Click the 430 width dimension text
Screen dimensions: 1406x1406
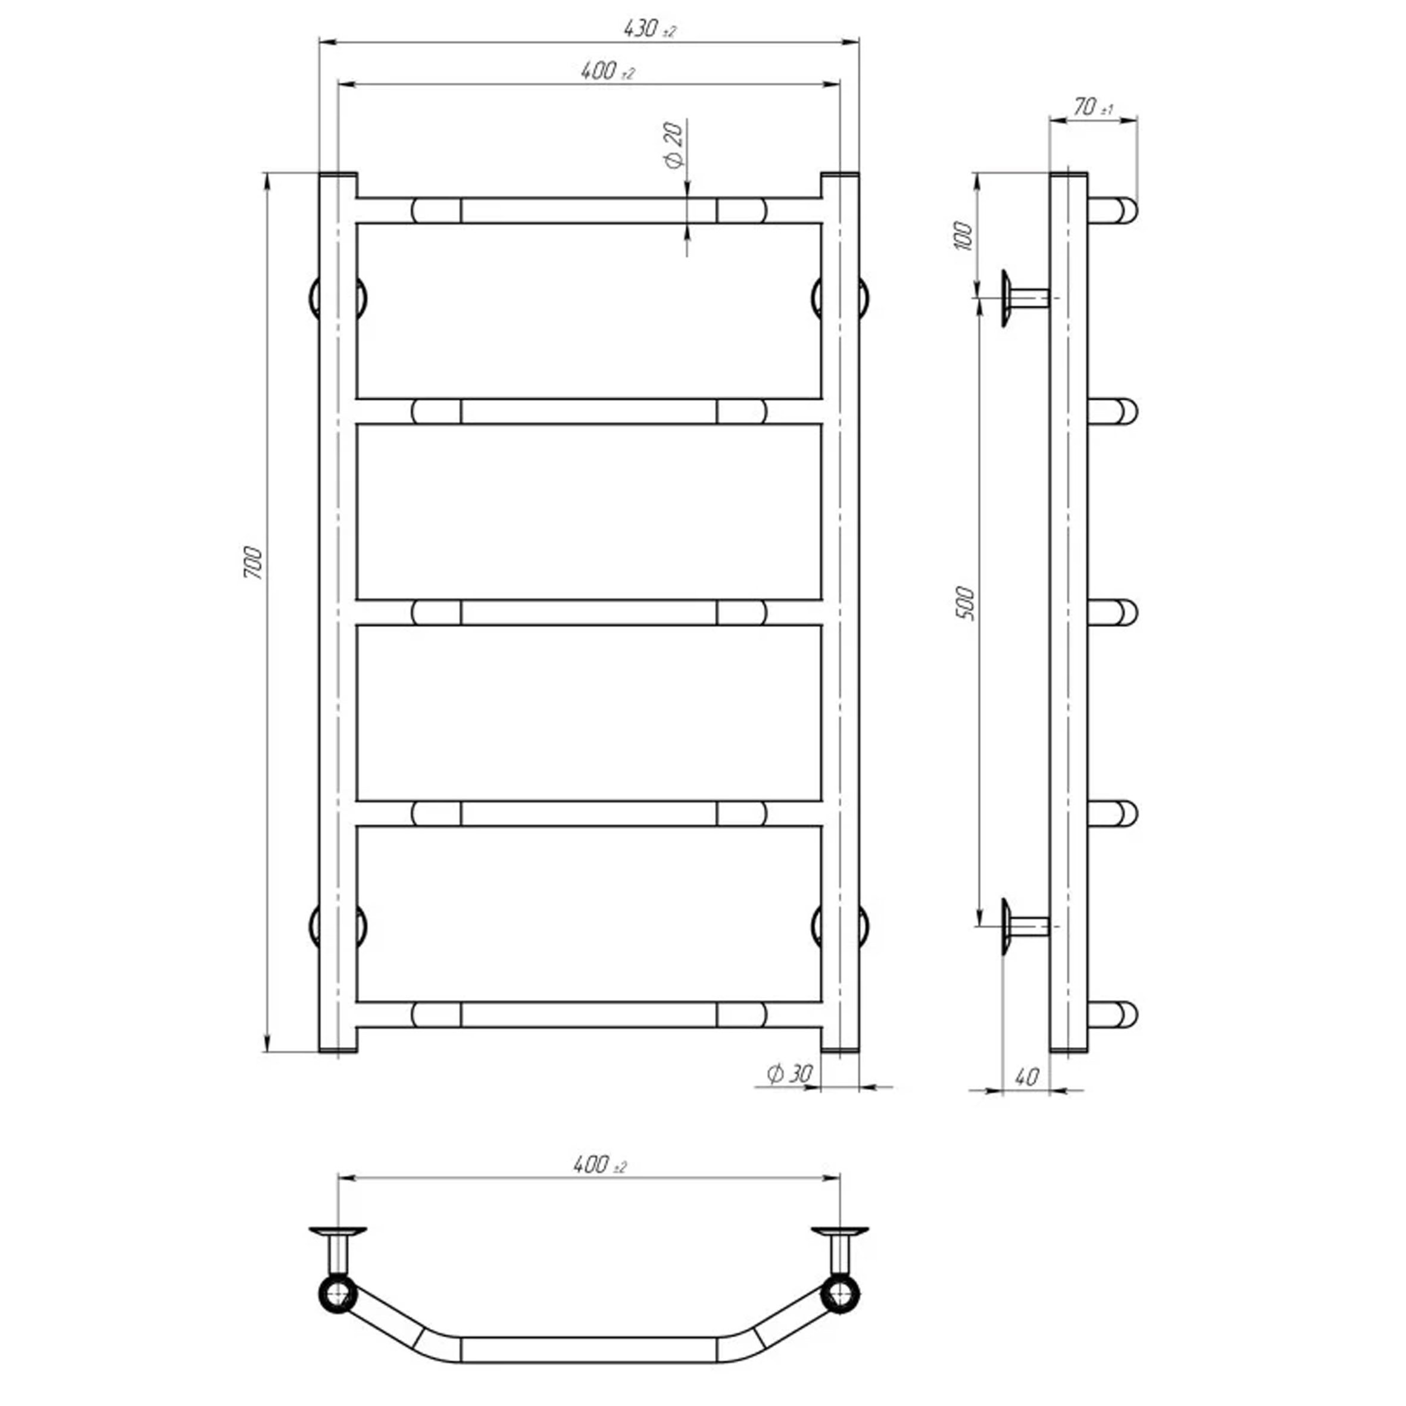(650, 29)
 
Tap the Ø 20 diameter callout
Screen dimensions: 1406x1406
(674, 146)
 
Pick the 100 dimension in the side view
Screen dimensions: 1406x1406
(962, 236)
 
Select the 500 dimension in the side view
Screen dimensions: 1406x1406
(964, 602)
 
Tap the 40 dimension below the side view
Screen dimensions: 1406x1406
(1026, 1076)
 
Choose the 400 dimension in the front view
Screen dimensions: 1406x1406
(608, 71)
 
